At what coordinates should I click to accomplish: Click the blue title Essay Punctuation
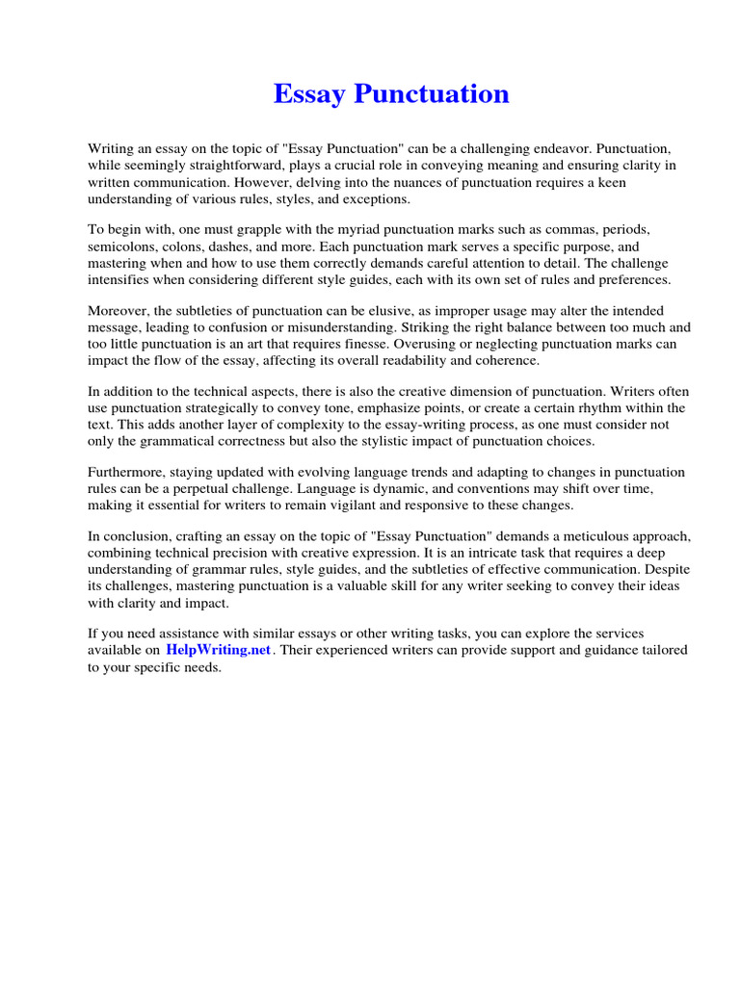pyautogui.click(x=391, y=94)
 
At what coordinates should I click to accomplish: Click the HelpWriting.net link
pyautogui.click(x=220, y=650)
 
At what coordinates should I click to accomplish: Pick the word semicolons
pyautogui.click(x=124, y=246)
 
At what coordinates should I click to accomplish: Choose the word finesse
pyautogui.click(x=388, y=344)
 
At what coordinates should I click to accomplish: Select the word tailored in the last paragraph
pyautogui.click(x=663, y=650)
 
